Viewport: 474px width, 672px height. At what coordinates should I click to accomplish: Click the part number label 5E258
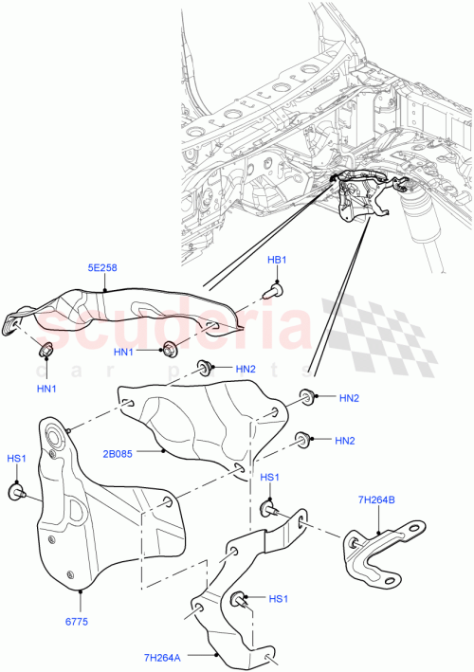(102, 268)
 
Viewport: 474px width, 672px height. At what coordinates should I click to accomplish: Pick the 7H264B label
(377, 499)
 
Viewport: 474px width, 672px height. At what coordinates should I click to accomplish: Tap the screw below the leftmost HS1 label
(17, 492)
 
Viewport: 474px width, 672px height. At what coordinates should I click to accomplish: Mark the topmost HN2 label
(246, 369)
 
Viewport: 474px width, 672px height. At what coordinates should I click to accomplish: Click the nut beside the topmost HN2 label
(203, 368)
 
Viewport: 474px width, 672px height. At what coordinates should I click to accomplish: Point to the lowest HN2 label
(345, 441)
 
